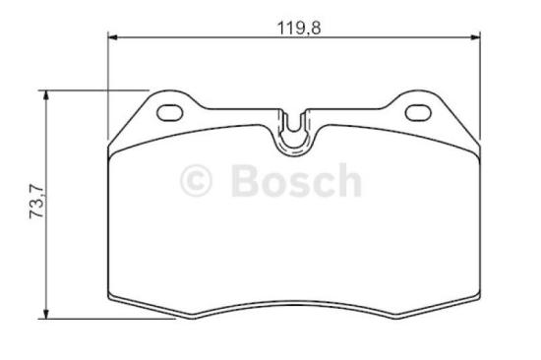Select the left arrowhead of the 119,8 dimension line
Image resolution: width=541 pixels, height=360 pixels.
[112, 38]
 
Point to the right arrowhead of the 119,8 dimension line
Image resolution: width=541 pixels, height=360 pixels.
[476, 38]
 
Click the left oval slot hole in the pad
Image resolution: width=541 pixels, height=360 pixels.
[171, 110]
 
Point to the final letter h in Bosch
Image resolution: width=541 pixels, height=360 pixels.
[347, 181]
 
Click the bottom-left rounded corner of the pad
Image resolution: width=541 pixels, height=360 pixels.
[111, 296]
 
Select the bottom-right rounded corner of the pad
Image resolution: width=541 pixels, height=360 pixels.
[477, 296]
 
